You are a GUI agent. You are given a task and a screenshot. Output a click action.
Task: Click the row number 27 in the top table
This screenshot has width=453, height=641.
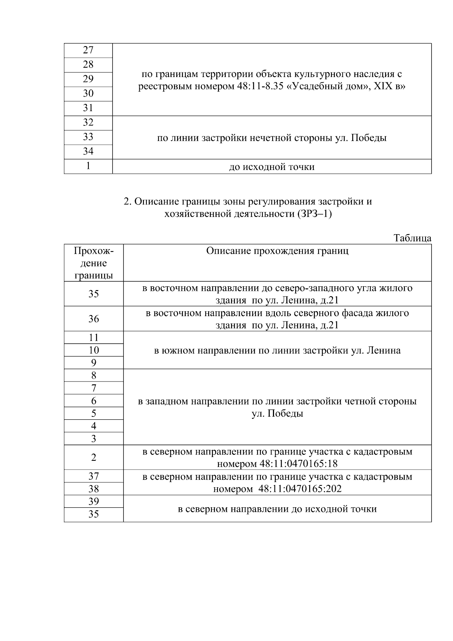(x=88, y=50)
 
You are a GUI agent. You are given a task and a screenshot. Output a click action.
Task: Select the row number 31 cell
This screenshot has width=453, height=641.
(x=88, y=108)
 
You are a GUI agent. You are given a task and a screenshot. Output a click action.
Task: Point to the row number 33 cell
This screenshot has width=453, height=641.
(x=88, y=137)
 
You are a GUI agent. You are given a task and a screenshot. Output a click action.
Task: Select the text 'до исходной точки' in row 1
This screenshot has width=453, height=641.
(x=272, y=167)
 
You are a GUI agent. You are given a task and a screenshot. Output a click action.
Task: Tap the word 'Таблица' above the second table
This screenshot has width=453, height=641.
(x=412, y=238)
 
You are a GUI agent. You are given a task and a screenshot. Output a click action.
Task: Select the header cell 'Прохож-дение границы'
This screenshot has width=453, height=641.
(x=94, y=263)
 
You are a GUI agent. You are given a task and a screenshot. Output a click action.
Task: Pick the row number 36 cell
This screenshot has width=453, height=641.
(x=94, y=319)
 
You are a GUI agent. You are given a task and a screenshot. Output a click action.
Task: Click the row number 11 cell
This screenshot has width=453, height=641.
(x=94, y=337)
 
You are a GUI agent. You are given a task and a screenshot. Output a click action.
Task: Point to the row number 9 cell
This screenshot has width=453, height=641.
(x=94, y=363)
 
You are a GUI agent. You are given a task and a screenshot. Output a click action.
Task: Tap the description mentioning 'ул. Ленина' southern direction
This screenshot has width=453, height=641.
(x=277, y=351)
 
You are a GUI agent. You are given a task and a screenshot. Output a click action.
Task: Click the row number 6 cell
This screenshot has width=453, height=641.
(x=94, y=401)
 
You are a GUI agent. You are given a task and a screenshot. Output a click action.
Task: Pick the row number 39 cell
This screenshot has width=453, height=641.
(x=94, y=501)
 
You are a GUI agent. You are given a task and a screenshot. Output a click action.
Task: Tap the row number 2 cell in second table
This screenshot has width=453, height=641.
(x=94, y=457)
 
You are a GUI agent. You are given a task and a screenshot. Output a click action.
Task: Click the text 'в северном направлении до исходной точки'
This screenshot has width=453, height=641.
(x=277, y=509)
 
